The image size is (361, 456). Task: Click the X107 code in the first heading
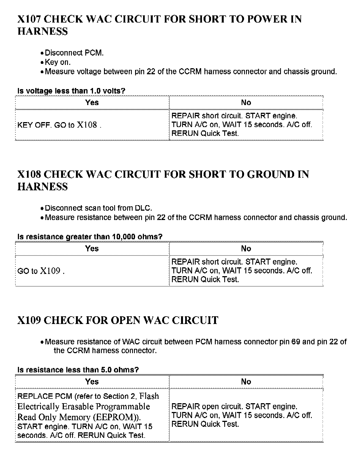29,19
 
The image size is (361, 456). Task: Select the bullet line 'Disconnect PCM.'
74,53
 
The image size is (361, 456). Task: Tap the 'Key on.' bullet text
58,62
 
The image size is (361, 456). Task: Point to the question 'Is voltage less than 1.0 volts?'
71,91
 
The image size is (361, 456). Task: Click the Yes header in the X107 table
92,103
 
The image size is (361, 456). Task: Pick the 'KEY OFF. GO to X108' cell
59,125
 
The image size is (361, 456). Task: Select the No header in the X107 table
246,103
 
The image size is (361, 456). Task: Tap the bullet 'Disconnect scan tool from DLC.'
98,208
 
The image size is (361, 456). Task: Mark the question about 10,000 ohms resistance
90,237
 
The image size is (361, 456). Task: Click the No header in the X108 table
246,249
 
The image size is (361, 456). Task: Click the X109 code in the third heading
29,320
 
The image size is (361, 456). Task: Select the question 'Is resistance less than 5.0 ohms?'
78,370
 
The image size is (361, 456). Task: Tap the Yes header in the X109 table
92,382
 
